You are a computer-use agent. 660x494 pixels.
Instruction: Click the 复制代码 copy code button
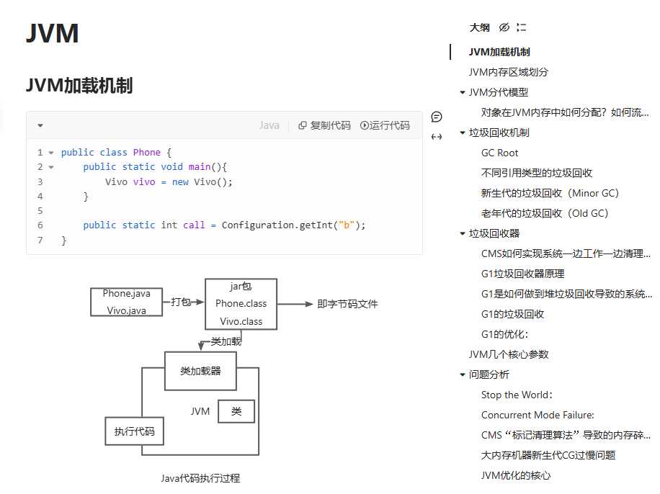(x=324, y=125)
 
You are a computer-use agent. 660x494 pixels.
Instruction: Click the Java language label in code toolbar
(x=269, y=125)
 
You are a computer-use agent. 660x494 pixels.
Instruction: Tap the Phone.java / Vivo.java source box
(x=127, y=302)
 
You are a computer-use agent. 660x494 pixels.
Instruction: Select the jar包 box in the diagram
(x=241, y=304)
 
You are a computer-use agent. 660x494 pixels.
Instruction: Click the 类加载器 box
(x=200, y=371)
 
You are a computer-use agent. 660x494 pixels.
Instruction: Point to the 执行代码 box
(x=134, y=431)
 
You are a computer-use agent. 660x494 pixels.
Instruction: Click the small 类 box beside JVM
(x=236, y=411)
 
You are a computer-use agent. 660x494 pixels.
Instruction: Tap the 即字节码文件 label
(x=347, y=304)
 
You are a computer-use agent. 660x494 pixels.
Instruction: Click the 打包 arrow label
(x=181, y=302)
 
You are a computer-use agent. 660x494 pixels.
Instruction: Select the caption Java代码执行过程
(x=200, y=477)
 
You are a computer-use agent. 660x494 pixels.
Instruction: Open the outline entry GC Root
(x=499, y=153)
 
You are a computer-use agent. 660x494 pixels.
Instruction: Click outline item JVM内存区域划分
(x=508, y=72)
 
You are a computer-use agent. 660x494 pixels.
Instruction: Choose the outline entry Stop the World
(x=517, y=395)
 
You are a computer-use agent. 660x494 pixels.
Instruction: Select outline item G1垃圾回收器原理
(x=522, y=274)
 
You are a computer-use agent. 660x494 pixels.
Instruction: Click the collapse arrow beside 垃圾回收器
(x=462, y=233)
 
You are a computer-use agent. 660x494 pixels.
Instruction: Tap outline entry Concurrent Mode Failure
(x=538, y=415)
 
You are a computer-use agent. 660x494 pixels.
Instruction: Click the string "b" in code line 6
(x=349, y=225)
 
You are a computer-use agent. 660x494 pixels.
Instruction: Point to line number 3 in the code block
(x=40, y=181)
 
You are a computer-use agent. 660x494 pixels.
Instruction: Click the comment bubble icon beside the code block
(x=437, y=117)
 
